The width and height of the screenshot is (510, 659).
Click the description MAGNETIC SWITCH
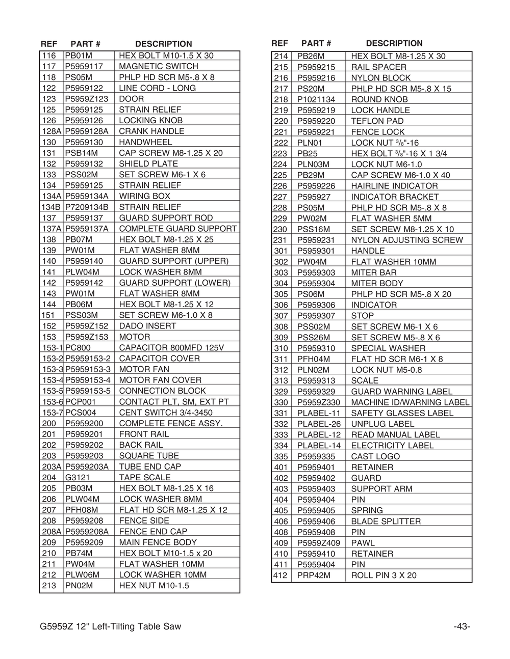click(158, 66)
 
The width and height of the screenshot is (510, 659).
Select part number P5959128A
click(86, 131)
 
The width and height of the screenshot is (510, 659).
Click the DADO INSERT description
click(147, 326)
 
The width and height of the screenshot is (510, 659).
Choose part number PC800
click(78, 347)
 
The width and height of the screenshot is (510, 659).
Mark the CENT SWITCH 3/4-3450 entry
click(165, 413)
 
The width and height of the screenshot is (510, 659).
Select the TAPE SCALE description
click(144, 477)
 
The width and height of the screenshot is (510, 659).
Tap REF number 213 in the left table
click(49, 586)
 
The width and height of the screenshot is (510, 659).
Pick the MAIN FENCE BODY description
click(158, 542)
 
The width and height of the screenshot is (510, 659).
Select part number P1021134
click(316, 99)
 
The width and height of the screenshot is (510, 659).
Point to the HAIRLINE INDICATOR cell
click(394, 186)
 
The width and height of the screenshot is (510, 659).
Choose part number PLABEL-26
click(319, 424)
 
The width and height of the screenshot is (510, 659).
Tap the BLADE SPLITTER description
click(386, 521)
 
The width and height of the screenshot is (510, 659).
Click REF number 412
click(281, 575)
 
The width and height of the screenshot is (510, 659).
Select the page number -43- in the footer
click(462, 626)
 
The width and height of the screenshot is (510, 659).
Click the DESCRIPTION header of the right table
click(394, 43)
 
